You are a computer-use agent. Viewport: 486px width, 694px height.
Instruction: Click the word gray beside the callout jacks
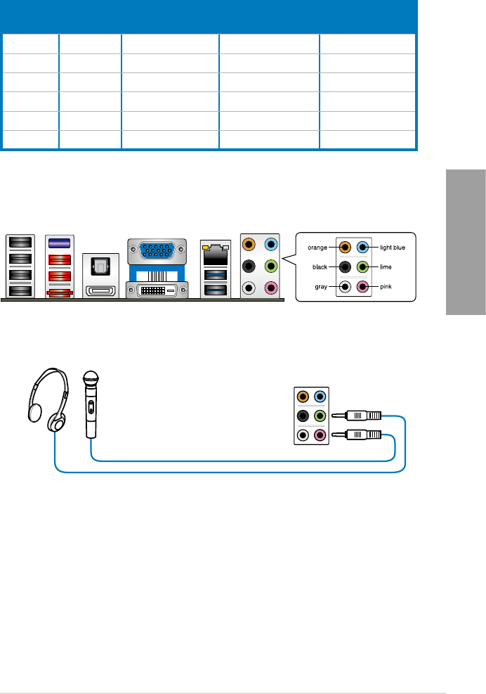coord(322,288)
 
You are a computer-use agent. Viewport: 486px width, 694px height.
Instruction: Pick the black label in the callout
coord(321,267)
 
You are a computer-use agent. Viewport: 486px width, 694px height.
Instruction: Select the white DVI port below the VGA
coord(158,290)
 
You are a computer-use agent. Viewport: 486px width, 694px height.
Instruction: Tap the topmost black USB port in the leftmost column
coord(18,243)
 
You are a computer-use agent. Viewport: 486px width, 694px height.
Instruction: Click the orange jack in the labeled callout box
coord(344,247)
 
